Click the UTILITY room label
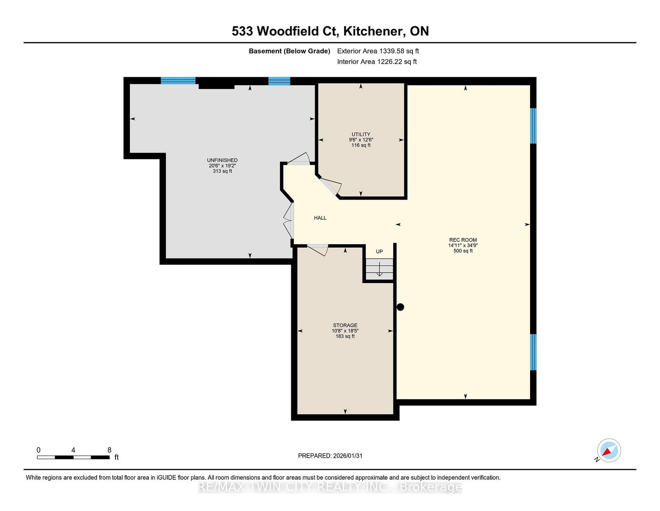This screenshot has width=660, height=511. (361, 134)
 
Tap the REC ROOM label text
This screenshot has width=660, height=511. (463, 240)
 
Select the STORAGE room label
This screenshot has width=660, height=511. (345, 326)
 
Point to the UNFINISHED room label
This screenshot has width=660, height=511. (222, 160)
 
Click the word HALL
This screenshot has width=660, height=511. (320, 218)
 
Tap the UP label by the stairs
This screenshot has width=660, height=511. (379, 252)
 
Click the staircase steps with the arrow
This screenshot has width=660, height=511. (379, 269)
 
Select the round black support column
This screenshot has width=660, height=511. (400, 307)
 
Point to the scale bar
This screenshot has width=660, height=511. (73, 457)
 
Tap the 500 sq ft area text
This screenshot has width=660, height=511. (463, 251)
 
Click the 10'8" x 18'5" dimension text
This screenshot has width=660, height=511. (345, 331)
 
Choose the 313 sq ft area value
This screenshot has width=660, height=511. (222, 171)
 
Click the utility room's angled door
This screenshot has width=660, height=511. (331, 186)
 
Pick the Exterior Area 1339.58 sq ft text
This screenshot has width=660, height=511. (378, 51)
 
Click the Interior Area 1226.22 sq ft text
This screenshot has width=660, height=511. (377, 62)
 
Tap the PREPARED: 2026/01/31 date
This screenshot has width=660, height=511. (330, 456)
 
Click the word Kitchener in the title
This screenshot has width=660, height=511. (375, 31)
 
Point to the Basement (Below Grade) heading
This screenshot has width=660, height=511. (289, 51)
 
